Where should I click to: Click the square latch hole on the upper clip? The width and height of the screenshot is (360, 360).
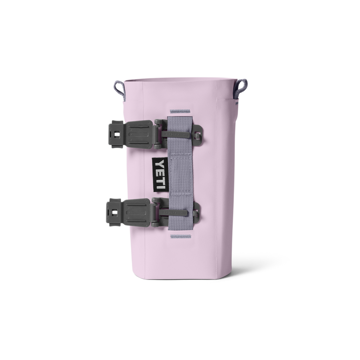point(116,134)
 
